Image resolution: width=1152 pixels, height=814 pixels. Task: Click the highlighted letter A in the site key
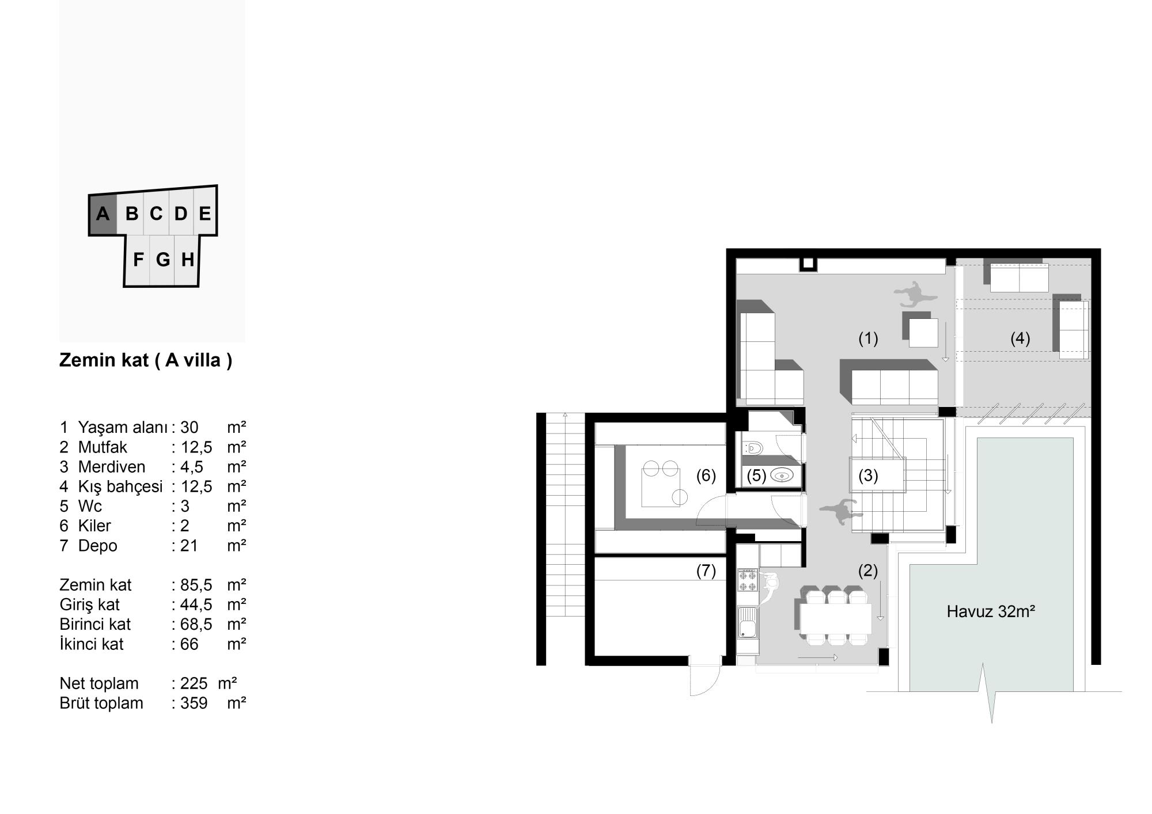[103, 214]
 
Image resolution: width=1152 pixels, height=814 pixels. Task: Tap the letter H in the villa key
[187, 260]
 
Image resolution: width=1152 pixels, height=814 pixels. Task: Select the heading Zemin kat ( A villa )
[146, 360]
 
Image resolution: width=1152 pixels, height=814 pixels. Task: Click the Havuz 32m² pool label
[991, 611]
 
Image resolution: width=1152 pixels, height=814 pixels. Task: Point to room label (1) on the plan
[868, 338]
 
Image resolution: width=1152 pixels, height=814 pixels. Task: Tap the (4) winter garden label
[1020, 338]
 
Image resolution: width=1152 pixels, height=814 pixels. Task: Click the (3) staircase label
[868, 476]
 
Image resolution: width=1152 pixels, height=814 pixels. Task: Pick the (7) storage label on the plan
[706, 570]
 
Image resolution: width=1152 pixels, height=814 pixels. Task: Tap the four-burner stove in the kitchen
[748, 580]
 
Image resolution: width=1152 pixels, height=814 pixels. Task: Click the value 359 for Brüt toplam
[194, 703]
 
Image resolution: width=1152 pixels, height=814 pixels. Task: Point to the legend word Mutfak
[103, 447]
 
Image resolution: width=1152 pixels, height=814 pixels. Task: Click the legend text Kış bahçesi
[120, 487]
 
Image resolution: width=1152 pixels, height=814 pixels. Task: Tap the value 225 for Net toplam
[194, 683]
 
